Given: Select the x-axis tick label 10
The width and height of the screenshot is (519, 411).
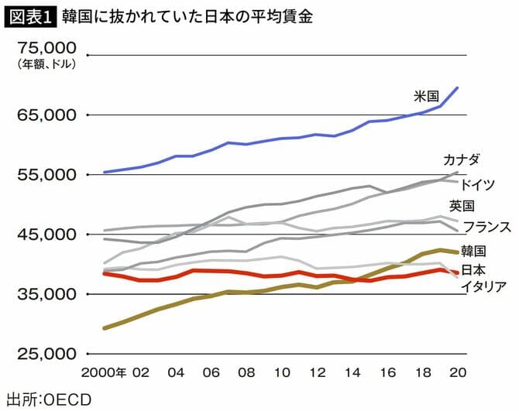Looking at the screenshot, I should (x=282, y=372).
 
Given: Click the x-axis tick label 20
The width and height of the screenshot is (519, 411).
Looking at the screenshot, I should (x=458, y=372).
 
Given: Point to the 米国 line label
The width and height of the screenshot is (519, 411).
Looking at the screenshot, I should (x=427, y=97).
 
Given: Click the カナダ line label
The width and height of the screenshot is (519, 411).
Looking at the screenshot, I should (x=461, y=160).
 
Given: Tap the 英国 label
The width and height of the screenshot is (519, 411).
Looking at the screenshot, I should (x=462, y=206).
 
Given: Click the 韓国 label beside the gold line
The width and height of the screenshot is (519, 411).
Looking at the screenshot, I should (x=473, y=251).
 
